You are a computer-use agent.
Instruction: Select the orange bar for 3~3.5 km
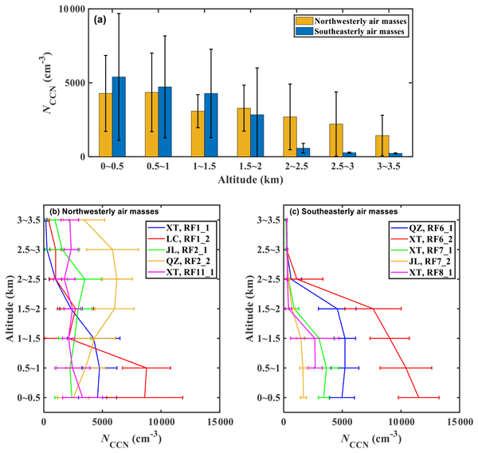382,146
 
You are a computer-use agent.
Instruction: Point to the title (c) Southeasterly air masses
339,212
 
